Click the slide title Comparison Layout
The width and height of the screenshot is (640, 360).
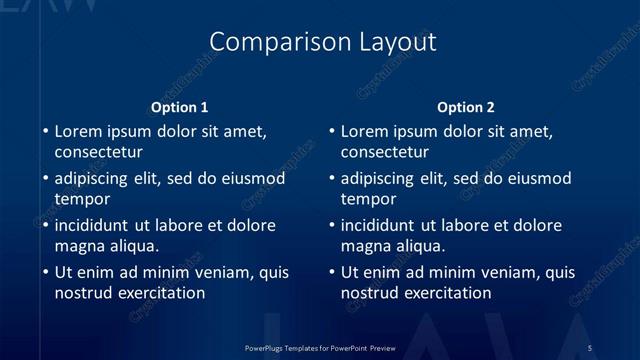click(323, 41)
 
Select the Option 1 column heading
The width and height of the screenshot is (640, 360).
click(180, 107)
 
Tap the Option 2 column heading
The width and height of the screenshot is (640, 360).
click(466, 107)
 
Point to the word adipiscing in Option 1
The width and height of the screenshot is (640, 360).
click(94, 179)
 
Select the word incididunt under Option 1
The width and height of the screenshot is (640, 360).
click(95, 226)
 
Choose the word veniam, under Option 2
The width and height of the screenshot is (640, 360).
click(499, 272)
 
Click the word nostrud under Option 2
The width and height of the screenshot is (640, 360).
click(370, 293)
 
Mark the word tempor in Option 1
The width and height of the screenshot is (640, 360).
click(79, 199)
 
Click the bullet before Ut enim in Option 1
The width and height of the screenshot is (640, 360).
click(45, 272)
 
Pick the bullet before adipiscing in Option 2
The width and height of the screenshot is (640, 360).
click(331, 179)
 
